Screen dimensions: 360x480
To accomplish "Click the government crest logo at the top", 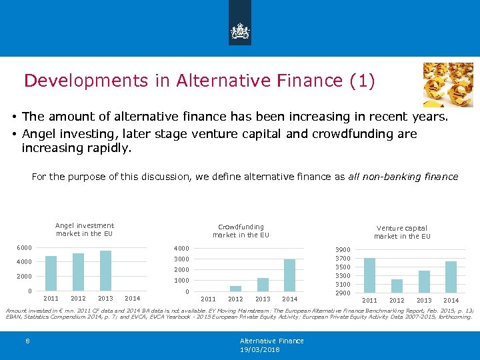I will click(x=240, y=31).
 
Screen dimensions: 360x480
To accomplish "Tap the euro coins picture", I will click(x=448, y=85).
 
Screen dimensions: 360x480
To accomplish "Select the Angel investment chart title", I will click(x=85, y=229).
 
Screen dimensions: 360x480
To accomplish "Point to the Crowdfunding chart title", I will click(x=241, y=231).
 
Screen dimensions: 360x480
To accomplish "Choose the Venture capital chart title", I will click(x=402, y=232).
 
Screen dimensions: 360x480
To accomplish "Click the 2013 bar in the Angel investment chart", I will click(x=105, y=271).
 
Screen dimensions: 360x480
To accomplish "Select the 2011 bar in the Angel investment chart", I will click(x=51, y=273).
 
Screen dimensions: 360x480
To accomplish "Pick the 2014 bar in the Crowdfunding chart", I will click(x=289, y=275).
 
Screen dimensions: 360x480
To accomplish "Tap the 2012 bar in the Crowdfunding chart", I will click(x=235, y=288).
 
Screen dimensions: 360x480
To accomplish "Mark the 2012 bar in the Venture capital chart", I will click(x=397, y=286).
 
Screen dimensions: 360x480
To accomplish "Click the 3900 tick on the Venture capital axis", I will click(x=343, y=250).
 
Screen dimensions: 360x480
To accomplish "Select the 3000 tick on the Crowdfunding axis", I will click(x=182, y=259).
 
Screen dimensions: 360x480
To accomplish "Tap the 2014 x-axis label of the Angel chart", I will click(x=133, y=298).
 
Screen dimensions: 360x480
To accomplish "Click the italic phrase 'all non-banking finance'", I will click(x=403, y=177).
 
